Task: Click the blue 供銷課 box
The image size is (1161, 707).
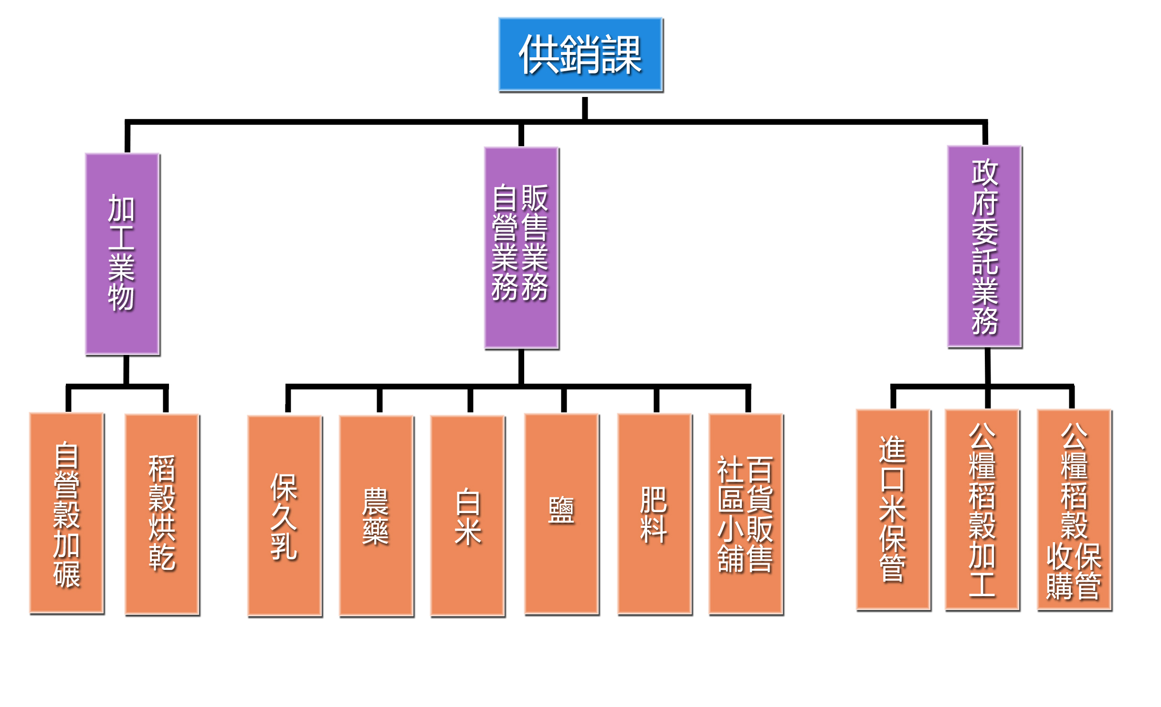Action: pos(580,54)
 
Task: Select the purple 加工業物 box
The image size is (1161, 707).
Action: pos(122,254)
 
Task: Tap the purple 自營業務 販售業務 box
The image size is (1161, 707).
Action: pos(521,247)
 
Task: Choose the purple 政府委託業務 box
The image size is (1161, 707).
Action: pos(984,246)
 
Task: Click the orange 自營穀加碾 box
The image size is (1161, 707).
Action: pos(67,514)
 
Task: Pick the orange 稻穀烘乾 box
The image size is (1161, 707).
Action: pos(162,514)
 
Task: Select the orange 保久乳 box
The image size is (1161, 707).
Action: pos(285,516)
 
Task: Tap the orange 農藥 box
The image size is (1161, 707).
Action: pos(376,516)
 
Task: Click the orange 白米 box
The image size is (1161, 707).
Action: pos(468,516)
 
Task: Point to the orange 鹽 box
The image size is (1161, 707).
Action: pos(561,514)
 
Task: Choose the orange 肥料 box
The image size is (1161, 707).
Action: pos(654,514)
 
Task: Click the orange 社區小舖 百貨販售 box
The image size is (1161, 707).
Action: pos(746,514)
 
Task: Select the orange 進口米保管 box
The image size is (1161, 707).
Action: pos(893,510)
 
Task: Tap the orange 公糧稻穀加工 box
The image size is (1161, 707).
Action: pos(982,510)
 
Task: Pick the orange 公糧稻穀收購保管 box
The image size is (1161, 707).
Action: pos(1074,510)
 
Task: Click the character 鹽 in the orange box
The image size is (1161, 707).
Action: pos(561,510)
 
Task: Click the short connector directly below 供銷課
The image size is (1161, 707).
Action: pos(585,108)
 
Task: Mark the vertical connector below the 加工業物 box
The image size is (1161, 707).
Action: pos(126,369)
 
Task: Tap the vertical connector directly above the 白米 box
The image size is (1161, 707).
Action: pos(470,400)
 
